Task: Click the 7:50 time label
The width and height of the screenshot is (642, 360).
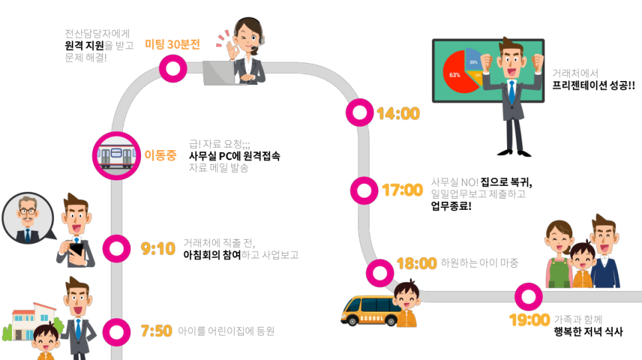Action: pyautogui.click(x=157, y=330)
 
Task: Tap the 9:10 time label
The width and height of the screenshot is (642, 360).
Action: pyautogui.click(x=158, y=249)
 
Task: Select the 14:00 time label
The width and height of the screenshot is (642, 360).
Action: pyautogui.click(x=398, y=114)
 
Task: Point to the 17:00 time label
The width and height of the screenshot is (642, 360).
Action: pyautogui.click(x=402, y=191)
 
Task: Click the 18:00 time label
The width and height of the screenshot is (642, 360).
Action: pyautogui.click(x=416, y=264)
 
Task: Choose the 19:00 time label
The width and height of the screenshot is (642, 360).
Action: pyautogui.click(x=529, y=320)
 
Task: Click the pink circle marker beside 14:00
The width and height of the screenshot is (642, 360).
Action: pyautogui.click(x=360, y=113)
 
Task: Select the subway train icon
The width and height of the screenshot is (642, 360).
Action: pyautogui.click(x=116, y=155)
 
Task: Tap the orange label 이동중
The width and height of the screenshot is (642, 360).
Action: pyautogui.click(x=160, y=155)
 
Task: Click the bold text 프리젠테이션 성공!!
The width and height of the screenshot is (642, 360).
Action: pyautogui.click(x=593, y=85)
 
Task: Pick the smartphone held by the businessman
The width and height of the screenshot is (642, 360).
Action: pyautogui.click(x=76, y=250)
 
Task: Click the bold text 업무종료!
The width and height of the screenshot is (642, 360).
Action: pyautogui.click(x=451, y=206)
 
